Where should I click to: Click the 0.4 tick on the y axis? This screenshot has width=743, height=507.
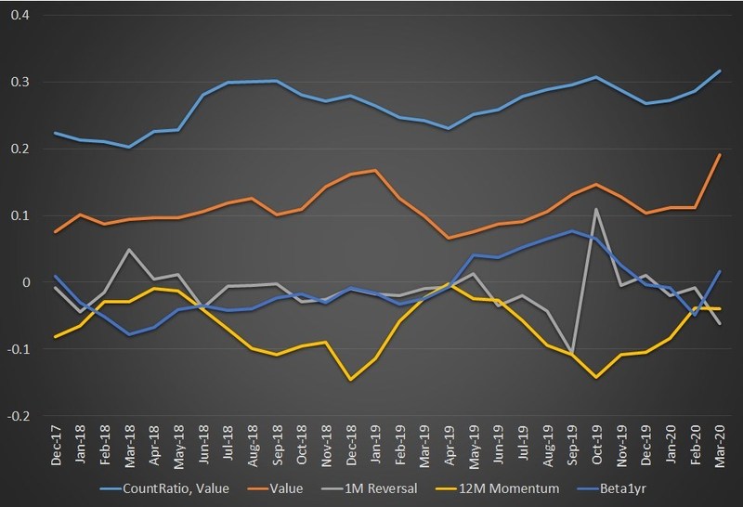(20, 16)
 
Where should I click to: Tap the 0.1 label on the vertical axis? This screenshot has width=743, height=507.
(20, 215)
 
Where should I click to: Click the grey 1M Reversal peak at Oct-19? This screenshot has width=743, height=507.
(596, 209)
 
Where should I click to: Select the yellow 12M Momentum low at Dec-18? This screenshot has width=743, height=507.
(351, 379)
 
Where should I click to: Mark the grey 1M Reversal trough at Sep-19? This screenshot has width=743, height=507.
(572, 353)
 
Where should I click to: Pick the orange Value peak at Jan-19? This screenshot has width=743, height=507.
(375, 171)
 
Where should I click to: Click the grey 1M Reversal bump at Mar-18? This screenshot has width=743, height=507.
(130, 249)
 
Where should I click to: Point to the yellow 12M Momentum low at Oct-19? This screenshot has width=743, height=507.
(596, 377)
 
